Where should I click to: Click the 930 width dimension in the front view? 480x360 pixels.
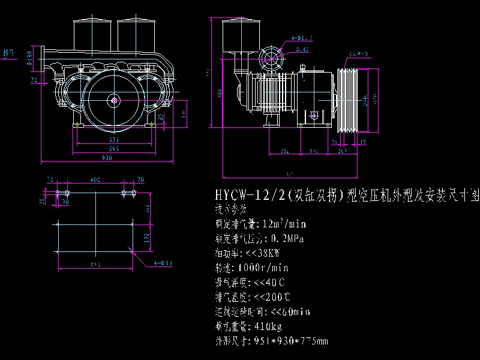click(106, 157)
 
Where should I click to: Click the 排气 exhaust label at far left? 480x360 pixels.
click(8, 53)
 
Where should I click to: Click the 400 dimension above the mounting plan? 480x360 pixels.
click(95, 179)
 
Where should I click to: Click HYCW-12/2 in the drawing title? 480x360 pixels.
click(245, 197)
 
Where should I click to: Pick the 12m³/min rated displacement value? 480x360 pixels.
click(284, 224)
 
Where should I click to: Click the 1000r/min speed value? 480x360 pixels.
click(263, 268)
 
